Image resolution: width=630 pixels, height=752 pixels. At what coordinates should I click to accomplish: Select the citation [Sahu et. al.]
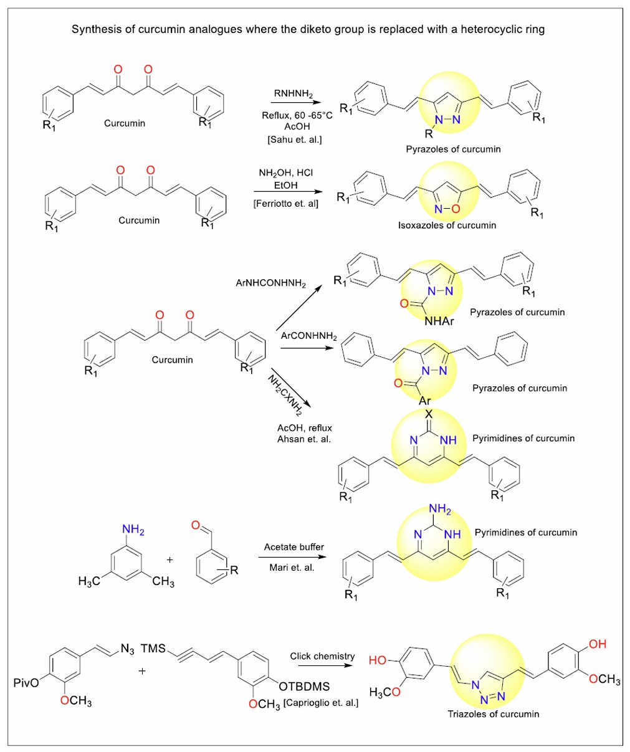(295, 140)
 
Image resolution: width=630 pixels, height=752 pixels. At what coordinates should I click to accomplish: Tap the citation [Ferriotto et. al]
(286, 203)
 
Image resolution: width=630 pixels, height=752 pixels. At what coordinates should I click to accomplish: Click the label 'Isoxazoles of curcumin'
(447, 225)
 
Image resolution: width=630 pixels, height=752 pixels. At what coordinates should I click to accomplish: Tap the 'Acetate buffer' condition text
(294, 547)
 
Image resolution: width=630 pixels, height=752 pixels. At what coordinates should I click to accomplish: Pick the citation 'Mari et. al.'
(294, 568)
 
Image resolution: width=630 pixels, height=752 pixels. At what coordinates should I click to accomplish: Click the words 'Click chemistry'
(322, 656)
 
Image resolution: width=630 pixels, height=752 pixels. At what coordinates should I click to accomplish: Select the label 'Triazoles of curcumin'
(493, 714)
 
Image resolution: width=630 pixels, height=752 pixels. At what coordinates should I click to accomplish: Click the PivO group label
(26, 683)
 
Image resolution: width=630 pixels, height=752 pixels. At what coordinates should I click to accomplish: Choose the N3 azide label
(127, 650)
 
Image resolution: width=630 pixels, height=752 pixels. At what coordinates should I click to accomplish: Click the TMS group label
(153, 649)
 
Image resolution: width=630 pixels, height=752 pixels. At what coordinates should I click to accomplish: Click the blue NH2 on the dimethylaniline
(133, 530)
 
